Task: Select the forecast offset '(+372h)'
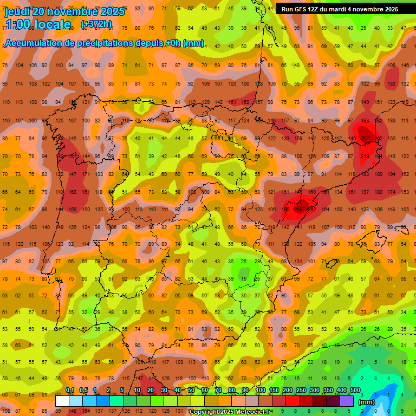(x=96, y=24)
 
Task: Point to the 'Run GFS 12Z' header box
(x=339, y=9)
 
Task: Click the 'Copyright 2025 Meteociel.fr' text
(x=230, y=412)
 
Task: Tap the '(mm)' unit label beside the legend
(x=367, y=402)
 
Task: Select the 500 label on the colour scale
(x=355, y=391)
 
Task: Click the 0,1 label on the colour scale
(x=70, y=391)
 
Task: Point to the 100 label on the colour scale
(x=260, y=391)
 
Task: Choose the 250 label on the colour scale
(x=301, y=391)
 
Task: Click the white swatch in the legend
(x=62, y=401)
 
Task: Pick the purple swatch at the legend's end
(x=347, y=401)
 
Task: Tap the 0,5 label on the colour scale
(x=83, y=391)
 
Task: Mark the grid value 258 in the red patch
(x=297, y=210)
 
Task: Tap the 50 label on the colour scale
(x=192, y=391)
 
